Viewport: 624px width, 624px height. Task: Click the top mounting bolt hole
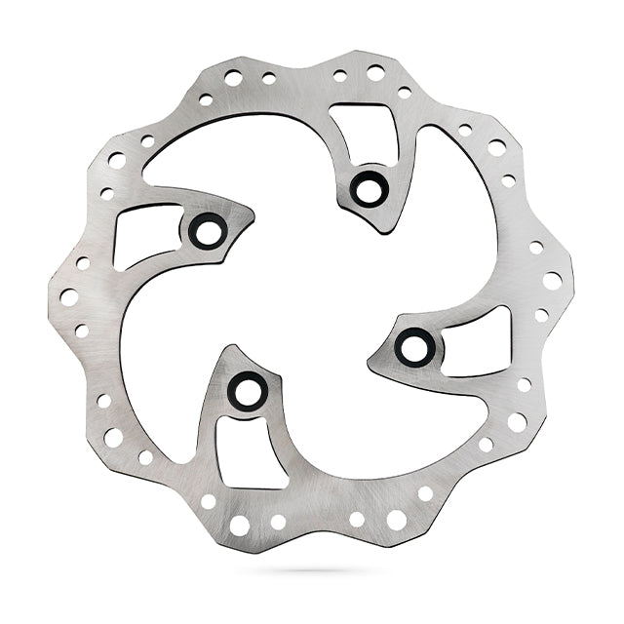[370, 187]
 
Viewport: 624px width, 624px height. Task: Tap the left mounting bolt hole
[208, 230]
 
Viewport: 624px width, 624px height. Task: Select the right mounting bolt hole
[415, 346]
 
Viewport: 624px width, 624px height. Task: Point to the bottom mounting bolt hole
[248, 391]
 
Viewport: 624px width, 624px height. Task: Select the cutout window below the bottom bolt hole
[250, 450]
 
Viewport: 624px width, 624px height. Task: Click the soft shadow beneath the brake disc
[312, 570]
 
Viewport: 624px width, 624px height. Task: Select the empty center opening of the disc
[312, 292]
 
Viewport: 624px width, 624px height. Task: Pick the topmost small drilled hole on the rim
[375, 72]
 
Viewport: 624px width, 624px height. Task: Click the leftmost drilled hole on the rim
[68, 296]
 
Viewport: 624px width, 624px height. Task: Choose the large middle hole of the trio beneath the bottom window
[239, 525]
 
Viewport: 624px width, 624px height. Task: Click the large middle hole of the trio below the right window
[517, 421]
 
